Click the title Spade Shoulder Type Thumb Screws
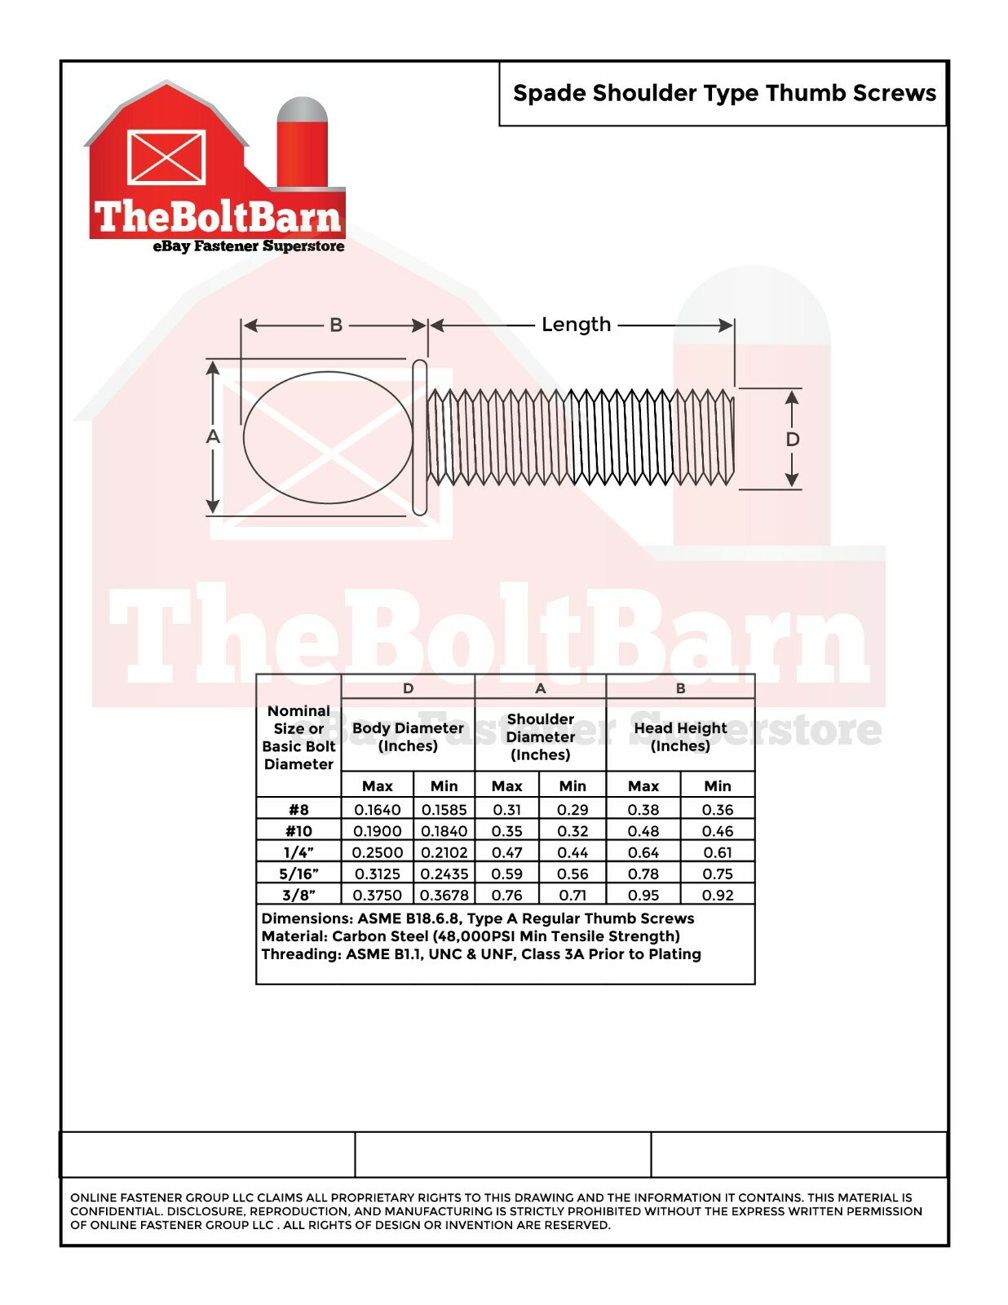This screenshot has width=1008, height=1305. point(724,94)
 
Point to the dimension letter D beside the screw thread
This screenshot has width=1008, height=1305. point(793,439)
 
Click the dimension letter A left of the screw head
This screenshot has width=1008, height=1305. point(213,436)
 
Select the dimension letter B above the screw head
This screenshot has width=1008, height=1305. point(336,325)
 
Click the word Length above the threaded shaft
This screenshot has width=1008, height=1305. point(577,325)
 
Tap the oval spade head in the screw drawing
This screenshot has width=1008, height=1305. point(329,437)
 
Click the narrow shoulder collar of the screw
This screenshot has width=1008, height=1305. point(420,437)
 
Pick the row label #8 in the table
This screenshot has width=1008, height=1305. point(299,810)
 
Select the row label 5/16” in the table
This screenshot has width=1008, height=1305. point(299,874)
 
